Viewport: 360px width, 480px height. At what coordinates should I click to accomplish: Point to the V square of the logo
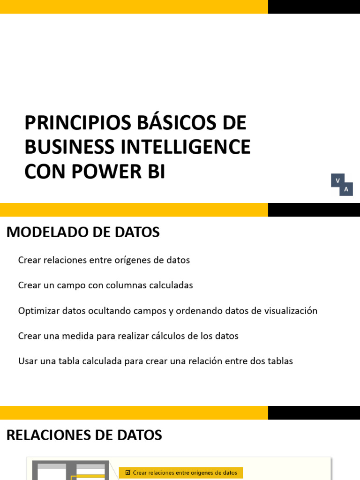coord(337,180)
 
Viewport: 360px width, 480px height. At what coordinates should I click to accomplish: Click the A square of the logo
coord(346,189)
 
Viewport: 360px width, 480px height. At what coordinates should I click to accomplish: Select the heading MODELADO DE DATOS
coord(83,232)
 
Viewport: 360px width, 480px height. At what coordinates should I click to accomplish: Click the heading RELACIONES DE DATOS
coord(84,435)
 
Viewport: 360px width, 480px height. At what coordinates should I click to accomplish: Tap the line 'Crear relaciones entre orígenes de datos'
coord(104,260)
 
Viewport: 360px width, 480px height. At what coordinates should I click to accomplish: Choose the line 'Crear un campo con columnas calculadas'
coord(105,285)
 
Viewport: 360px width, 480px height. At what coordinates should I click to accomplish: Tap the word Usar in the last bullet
coord(27,361)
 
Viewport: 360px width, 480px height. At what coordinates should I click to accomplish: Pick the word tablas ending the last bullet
coord(280,361)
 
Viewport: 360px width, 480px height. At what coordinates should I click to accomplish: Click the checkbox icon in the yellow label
coord(128,472)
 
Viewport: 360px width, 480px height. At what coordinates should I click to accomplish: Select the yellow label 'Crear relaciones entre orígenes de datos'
coord(181,472)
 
